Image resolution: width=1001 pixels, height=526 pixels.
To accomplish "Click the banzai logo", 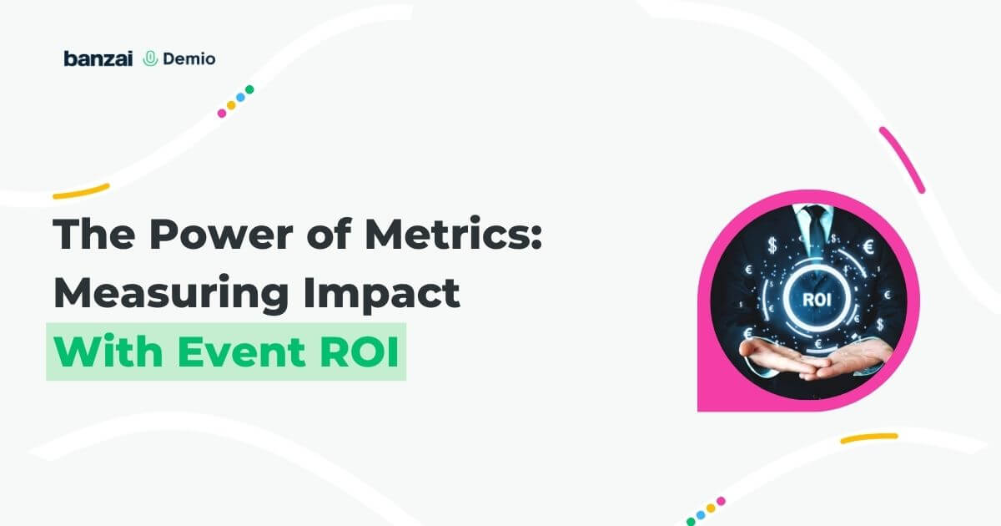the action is click(98, 58).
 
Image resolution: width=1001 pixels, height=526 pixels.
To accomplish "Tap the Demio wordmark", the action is click(189, 58).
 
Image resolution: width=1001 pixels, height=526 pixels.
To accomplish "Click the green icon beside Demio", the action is click(151, 58).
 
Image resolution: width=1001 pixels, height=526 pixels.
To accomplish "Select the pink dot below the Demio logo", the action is click(222, 114).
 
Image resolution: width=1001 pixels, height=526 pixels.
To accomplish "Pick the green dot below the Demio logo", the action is click(249, 89).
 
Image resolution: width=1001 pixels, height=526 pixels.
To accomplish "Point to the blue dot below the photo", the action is click(701, 515).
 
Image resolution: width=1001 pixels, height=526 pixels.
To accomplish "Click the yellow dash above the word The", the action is click(81, 191).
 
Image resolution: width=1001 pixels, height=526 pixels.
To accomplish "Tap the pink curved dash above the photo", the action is click(902, 159).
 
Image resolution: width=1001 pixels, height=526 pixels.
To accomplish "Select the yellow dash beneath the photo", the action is click(869, 438).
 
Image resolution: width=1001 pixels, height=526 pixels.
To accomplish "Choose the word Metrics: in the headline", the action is click(454, 234).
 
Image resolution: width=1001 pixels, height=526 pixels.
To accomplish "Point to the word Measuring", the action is click(171, 293).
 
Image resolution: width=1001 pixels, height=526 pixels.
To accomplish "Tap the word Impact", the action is click(382, 293).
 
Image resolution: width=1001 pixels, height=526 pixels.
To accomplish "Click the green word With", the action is click(108, 352).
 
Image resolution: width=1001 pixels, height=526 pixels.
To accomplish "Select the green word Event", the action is click(241, 352).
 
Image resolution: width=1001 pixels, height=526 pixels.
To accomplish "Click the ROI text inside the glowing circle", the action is click(817, 300).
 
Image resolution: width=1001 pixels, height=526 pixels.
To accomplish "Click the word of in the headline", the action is click(329, 235).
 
